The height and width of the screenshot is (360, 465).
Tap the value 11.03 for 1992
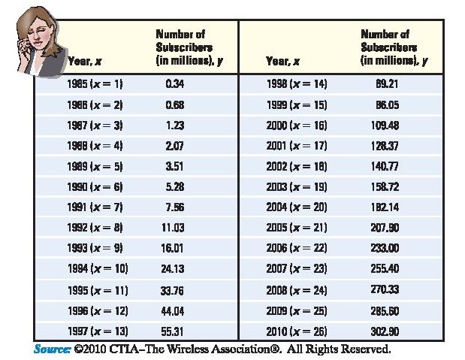pos(174,227)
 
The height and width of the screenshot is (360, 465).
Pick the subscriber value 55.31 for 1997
pos(174,331)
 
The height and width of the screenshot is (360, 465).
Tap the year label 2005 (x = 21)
pos(297,227)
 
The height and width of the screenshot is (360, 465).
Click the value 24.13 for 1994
pos(174,268)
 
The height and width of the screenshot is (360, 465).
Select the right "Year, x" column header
pos(283,59)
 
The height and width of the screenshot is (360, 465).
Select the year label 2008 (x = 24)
pos(297,289)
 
